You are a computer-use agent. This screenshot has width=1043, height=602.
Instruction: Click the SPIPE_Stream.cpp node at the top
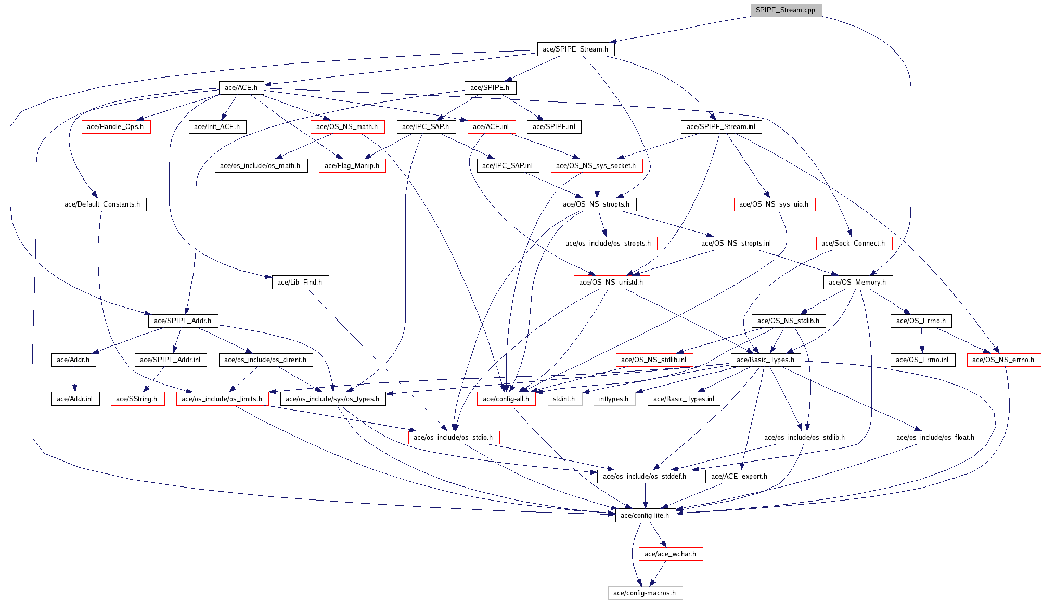coord(786,10)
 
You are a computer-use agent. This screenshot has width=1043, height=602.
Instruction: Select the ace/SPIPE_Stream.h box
coord(575,49)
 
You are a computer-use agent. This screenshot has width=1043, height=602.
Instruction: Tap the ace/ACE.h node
coord(241,88)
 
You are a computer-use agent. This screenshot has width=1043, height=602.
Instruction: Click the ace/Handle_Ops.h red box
coord(115,127)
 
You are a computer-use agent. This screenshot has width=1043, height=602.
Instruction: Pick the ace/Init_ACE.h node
coord(217,127)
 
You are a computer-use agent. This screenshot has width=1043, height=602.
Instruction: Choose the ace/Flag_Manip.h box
coord(352,166)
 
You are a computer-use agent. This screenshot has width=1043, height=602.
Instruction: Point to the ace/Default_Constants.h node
coord(102,204)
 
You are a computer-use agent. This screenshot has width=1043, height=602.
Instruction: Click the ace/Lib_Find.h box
coord(300,283)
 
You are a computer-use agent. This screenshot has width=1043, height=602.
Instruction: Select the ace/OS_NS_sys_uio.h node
coord(774,204)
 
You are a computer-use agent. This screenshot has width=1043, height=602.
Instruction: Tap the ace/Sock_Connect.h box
coord(853,244)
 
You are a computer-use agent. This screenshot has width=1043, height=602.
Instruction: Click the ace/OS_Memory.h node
coord(857,283)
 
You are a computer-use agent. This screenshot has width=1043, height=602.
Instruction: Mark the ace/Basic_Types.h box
coord(765,360)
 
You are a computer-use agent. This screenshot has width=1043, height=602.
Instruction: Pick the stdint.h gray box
coord(564,399)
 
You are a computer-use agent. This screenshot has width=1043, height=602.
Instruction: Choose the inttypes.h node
coord(614,399)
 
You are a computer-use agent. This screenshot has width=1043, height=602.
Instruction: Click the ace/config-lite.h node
coord(645,516)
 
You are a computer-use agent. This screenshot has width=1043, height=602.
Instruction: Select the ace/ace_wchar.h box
coord(670,554)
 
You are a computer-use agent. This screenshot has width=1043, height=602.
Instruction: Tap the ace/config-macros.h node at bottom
coord(645,593)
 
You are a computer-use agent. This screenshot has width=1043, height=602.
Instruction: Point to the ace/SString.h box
coord(137,399)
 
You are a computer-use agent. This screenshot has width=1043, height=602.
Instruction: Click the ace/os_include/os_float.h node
coord(935,438)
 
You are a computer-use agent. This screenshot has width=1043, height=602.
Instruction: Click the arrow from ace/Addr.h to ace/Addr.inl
coord(74,379)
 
